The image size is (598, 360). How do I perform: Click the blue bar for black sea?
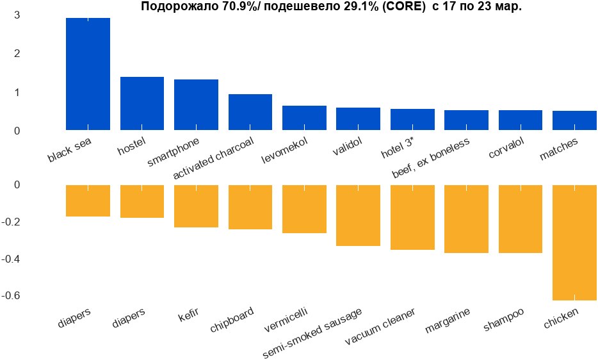click(88, 74)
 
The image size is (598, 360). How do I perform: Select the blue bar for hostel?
click(142, 103)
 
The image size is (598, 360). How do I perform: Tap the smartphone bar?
click(196, 104)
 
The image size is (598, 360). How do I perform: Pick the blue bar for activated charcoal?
click(250, 112)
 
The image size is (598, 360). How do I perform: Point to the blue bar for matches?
click(574, 120)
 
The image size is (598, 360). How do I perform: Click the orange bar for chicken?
click(574, 242)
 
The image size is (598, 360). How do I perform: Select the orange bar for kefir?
click(196, 206)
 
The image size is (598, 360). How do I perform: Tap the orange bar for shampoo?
click(521, 218)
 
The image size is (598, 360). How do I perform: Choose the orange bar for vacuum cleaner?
click(412, 217)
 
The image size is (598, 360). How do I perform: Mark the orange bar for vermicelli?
click(304, 209)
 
